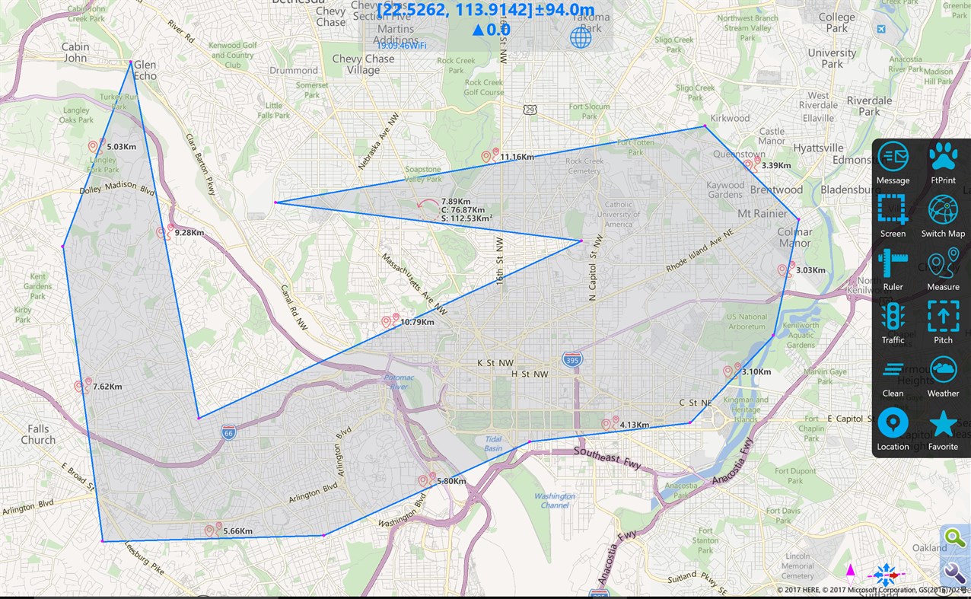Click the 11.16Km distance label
tap(517, 157)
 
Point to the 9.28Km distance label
tap(189, 232)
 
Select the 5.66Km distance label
tap(237, 531)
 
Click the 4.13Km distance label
tap(634, 425)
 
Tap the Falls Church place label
tap(38, 435)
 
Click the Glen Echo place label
tap(145, 70)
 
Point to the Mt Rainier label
tap(763, 214)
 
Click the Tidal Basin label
tap(493, 444)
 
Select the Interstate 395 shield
tap(572, 358)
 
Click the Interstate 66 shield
tap(229, 432)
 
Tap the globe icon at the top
tap(581, 37)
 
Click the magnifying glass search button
tap(954, 537)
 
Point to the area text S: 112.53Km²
tap(466, 218)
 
